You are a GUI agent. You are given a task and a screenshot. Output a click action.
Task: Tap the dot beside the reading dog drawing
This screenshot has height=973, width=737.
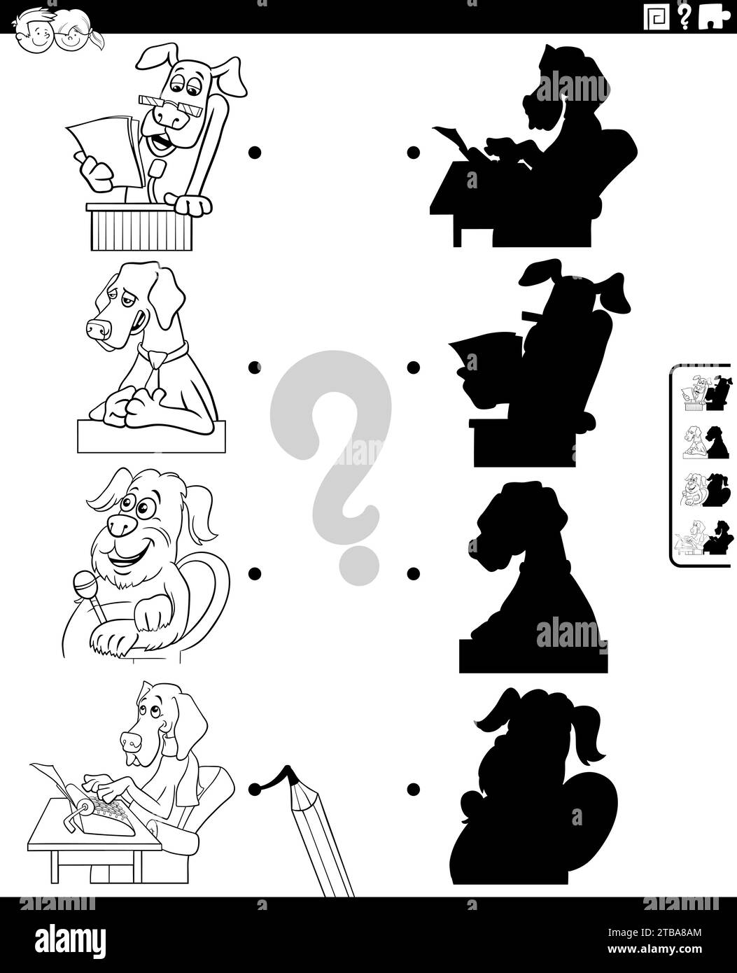[x=255, y=151]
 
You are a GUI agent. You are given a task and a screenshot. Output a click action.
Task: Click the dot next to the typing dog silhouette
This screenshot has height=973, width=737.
[x=413, y=151]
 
